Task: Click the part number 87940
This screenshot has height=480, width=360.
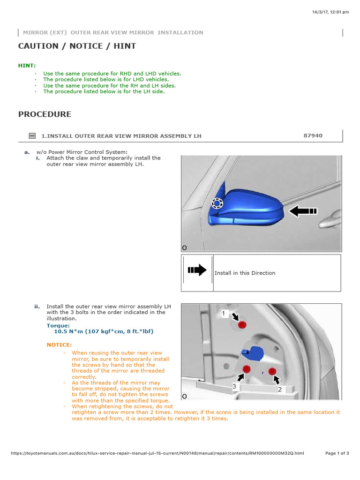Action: tap(313, 135)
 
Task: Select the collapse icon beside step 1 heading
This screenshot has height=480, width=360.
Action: tap(32, 136)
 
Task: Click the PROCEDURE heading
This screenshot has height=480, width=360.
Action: tap(45, 114)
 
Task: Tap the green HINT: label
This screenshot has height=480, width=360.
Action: tap(27, 66)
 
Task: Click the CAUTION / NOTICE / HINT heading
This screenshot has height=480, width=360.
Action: tap(77, 46)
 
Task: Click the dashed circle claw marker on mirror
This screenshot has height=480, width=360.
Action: tap(217, 203)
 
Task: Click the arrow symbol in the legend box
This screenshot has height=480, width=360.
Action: tap(197, 270)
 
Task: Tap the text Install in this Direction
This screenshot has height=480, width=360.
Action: tap(245, 273)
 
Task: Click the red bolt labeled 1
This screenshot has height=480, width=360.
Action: tap(242, 325)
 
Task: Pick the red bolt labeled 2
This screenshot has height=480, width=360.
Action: tap(271, 372)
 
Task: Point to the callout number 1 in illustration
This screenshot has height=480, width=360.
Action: tap(224, 313)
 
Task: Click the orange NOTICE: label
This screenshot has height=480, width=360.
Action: tap(59, 345)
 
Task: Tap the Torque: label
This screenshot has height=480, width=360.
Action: tap(58, 325)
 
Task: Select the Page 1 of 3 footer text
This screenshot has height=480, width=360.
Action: tap(337, 453)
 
